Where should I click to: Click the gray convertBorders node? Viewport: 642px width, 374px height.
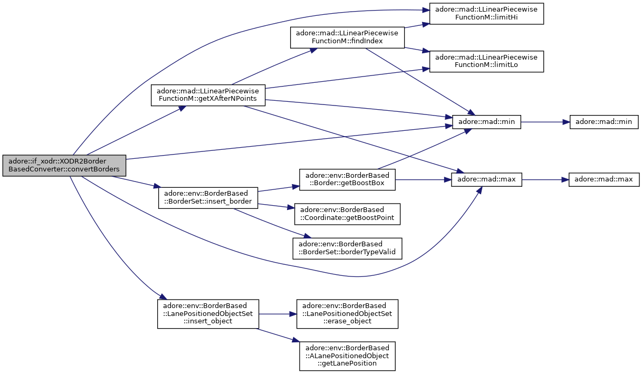click(64, 165)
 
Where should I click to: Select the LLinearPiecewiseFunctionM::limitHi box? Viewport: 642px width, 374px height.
click(486, 14)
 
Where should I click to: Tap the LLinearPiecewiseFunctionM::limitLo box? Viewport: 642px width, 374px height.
click(486, 61)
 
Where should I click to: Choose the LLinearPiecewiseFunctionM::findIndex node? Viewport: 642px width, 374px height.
click(347, 37)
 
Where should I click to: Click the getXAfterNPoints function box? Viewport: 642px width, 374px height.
click(208, 95)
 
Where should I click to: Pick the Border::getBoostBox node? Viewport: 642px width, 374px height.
click(347, 179)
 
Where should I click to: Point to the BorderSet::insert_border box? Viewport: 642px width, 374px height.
click(208, 198)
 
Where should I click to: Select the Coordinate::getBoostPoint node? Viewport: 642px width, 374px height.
click(347, 214)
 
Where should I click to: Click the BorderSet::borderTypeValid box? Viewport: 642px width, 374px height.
click(347, 248)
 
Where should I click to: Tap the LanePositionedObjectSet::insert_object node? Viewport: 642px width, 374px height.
click(208, 314)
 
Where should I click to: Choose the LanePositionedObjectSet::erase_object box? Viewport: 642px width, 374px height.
click(347, 314)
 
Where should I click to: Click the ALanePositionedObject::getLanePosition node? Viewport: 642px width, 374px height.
click(347, 356)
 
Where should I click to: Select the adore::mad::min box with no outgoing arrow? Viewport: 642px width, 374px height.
click(604, 122)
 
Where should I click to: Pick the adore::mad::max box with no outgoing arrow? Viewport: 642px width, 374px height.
click(604, 180)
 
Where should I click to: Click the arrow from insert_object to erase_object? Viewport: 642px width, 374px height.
click(277, 314)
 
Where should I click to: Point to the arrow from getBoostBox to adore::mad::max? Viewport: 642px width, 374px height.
click(423, 180)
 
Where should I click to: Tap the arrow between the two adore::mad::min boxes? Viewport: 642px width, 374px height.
click(545, 122)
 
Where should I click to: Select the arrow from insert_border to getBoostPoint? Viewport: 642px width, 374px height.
click(276, 206)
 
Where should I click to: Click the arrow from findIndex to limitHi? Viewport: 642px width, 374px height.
click(417, 25)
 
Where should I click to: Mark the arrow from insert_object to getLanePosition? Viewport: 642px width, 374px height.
click(278, 335)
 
